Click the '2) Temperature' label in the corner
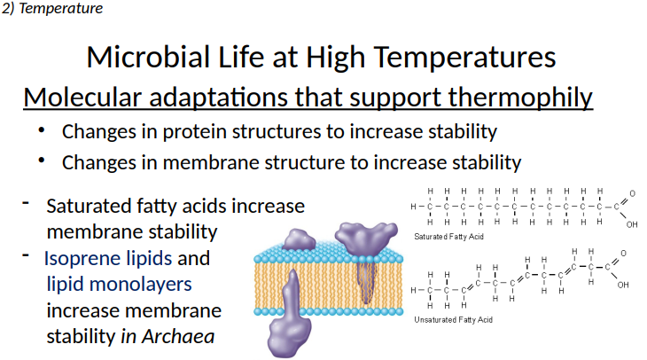pyautogui.click(x=52, y=9)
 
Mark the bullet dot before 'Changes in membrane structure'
pyautogui.click(x=41, y=161)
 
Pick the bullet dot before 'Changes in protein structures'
pyautogui.click(x=41, y=130)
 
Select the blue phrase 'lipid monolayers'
pyautogui.click(x=119, y=286)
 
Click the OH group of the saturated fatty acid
pyautogui.click(x=631, y=224)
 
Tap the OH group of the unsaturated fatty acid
pyautogui.click(x=623, y=285)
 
